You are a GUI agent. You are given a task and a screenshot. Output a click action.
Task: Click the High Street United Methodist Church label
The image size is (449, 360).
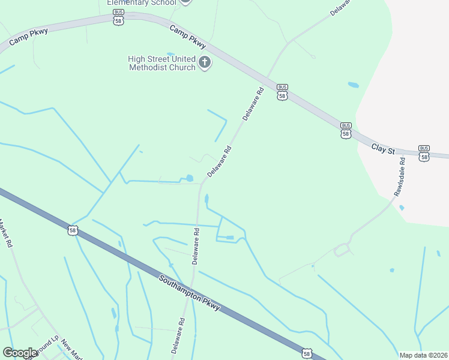pyautogui.click(x=162, y=63)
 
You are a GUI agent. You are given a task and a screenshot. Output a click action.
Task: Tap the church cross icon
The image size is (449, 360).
pyautogui.click(x=205, y=62)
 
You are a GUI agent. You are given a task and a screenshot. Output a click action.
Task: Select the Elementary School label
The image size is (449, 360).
pyautogui.click(x=142, y=2)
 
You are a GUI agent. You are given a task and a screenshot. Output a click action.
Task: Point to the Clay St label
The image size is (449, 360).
pyautogui.click(x=383, y=148)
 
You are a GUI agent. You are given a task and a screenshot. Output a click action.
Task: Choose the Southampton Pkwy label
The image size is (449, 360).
pyautogui.click(x=190, y=293)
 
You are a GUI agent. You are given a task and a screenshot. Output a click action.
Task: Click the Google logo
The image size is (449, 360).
pyautogui.click(x=20, y=353)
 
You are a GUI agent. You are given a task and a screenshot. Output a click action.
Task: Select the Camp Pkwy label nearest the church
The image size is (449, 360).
pyautogui.click(x=188, y=37)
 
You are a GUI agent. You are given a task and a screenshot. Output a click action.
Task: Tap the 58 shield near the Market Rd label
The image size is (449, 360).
pyautogui.click(x=73, y=230)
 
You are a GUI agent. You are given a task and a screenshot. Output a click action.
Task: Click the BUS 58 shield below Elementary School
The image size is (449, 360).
pyautogui.click(x=118, y=17)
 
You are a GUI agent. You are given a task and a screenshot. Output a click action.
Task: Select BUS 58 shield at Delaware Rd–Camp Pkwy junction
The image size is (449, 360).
pyautogui.click(x=282, y=91)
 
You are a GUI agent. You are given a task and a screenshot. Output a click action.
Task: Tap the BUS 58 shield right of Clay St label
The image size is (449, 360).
pyautogui.click(x=424, y=152)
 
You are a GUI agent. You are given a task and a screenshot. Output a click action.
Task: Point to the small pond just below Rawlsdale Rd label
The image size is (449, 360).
pyautogui.click(x=402, y=208)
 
